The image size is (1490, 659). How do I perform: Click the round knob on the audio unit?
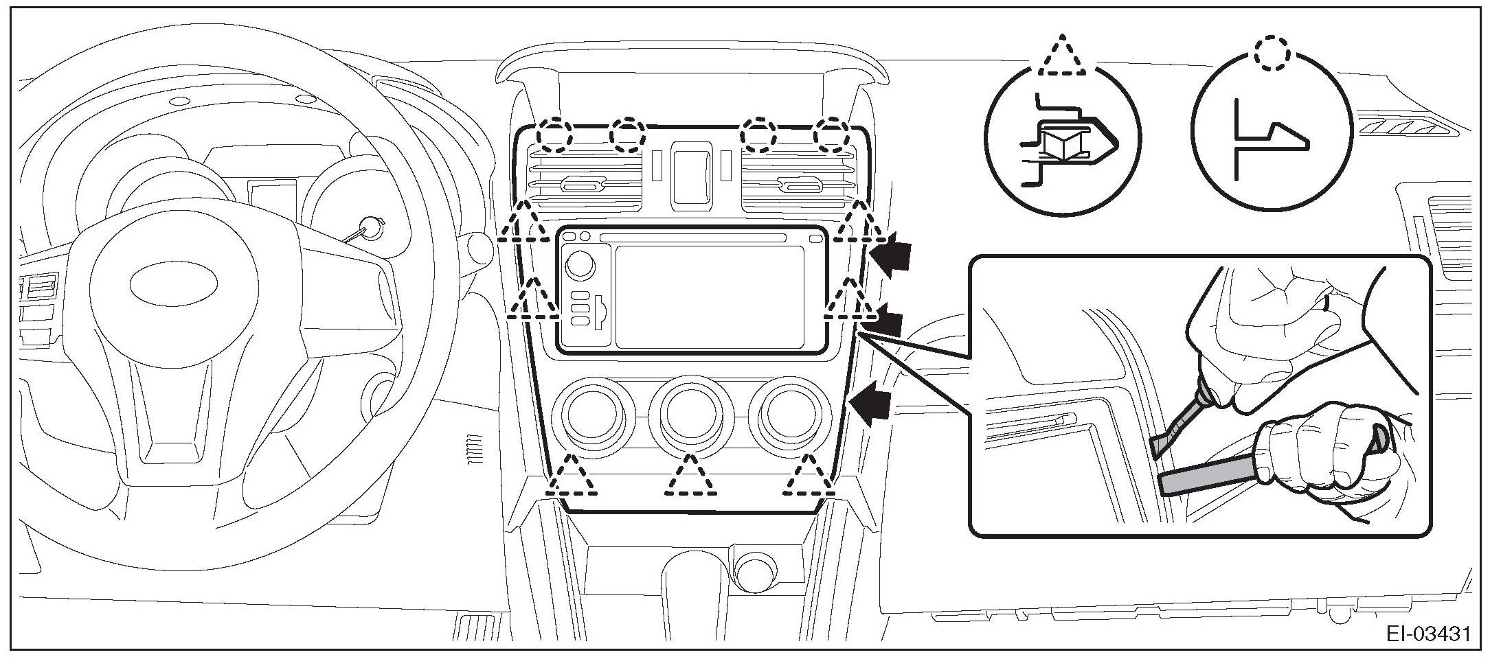(x=581, y=264)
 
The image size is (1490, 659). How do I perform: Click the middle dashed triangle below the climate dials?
(x=691, y=477)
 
